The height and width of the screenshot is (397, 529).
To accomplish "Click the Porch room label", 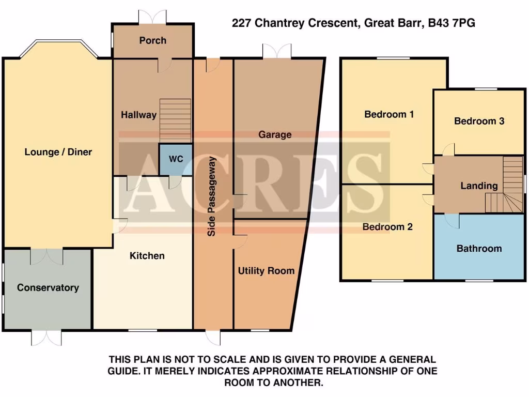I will [153, 40].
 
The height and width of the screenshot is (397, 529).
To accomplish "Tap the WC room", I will [176, 159].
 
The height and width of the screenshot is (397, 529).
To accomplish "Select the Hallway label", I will [138, 115].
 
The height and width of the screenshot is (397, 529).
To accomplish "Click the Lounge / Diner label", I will [58, 152].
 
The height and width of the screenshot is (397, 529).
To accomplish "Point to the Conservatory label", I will [48, 288].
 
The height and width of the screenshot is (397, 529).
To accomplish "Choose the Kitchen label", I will [147, 256].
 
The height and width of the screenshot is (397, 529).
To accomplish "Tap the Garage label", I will [275, 135].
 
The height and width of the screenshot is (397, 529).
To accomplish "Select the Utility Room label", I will [266, 270].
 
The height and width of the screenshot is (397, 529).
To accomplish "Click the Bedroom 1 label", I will [389, 114].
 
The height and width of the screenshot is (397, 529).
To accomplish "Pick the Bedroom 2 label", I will [387, 227].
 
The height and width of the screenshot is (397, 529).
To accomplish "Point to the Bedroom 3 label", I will [479, 121].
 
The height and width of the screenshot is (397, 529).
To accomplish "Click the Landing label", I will [479, 186].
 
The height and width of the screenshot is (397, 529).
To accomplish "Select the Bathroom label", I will [479, 249].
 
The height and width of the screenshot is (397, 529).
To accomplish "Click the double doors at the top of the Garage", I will [277, 52].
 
